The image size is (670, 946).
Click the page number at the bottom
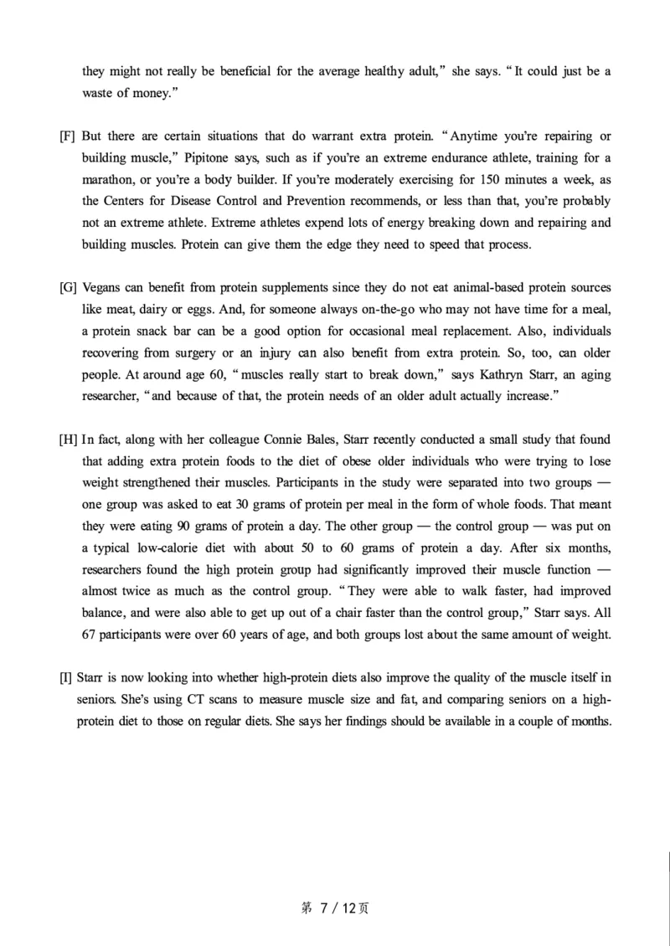click(334, 907)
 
